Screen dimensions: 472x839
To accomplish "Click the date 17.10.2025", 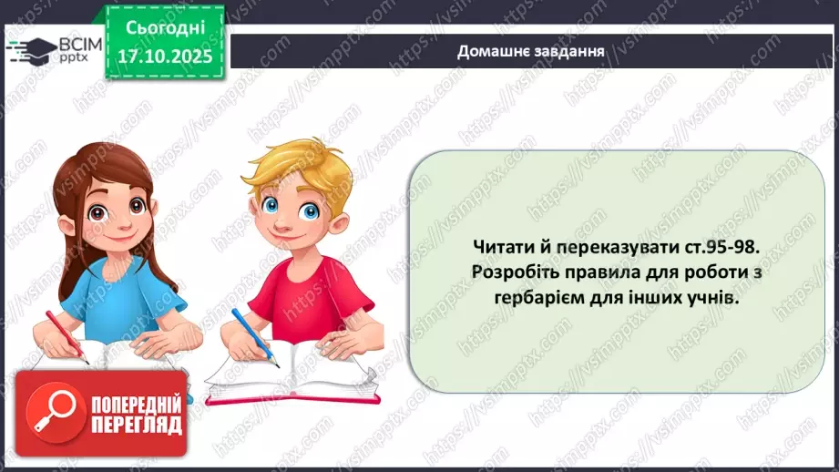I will [x=165, y=55].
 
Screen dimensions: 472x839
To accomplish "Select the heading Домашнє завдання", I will [x=531, y=51].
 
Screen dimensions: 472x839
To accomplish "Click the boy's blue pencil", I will [x=251, y=333].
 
